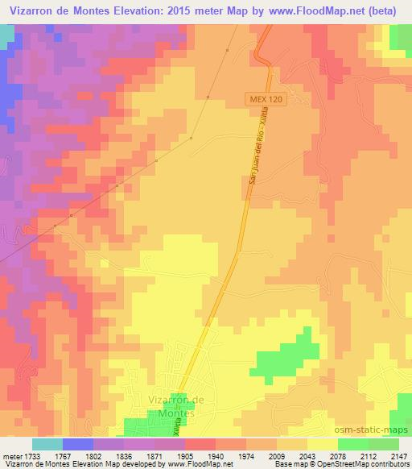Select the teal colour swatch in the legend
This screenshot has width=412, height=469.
[x=47, y=444]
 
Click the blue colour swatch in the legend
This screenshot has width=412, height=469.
[x=78, y=444]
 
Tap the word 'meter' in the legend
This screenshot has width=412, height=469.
[x=11, y=455]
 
